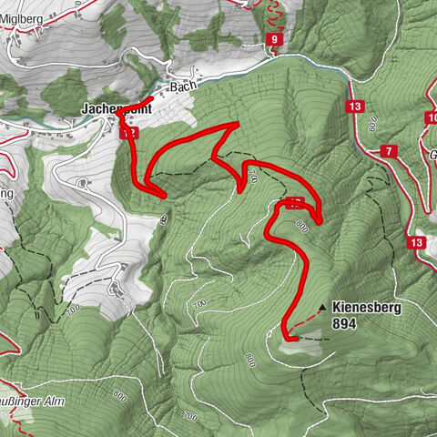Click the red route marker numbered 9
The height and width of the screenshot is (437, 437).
point(273,39)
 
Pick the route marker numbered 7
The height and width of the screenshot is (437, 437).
point(389,150)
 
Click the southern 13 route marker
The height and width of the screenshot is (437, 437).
point(417,242)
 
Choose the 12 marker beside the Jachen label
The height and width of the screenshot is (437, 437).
point(129,132)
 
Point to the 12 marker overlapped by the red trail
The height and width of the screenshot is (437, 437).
point(294,202)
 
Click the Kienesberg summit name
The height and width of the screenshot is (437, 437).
point(367,308)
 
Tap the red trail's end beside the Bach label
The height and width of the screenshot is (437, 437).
point(151,97)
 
